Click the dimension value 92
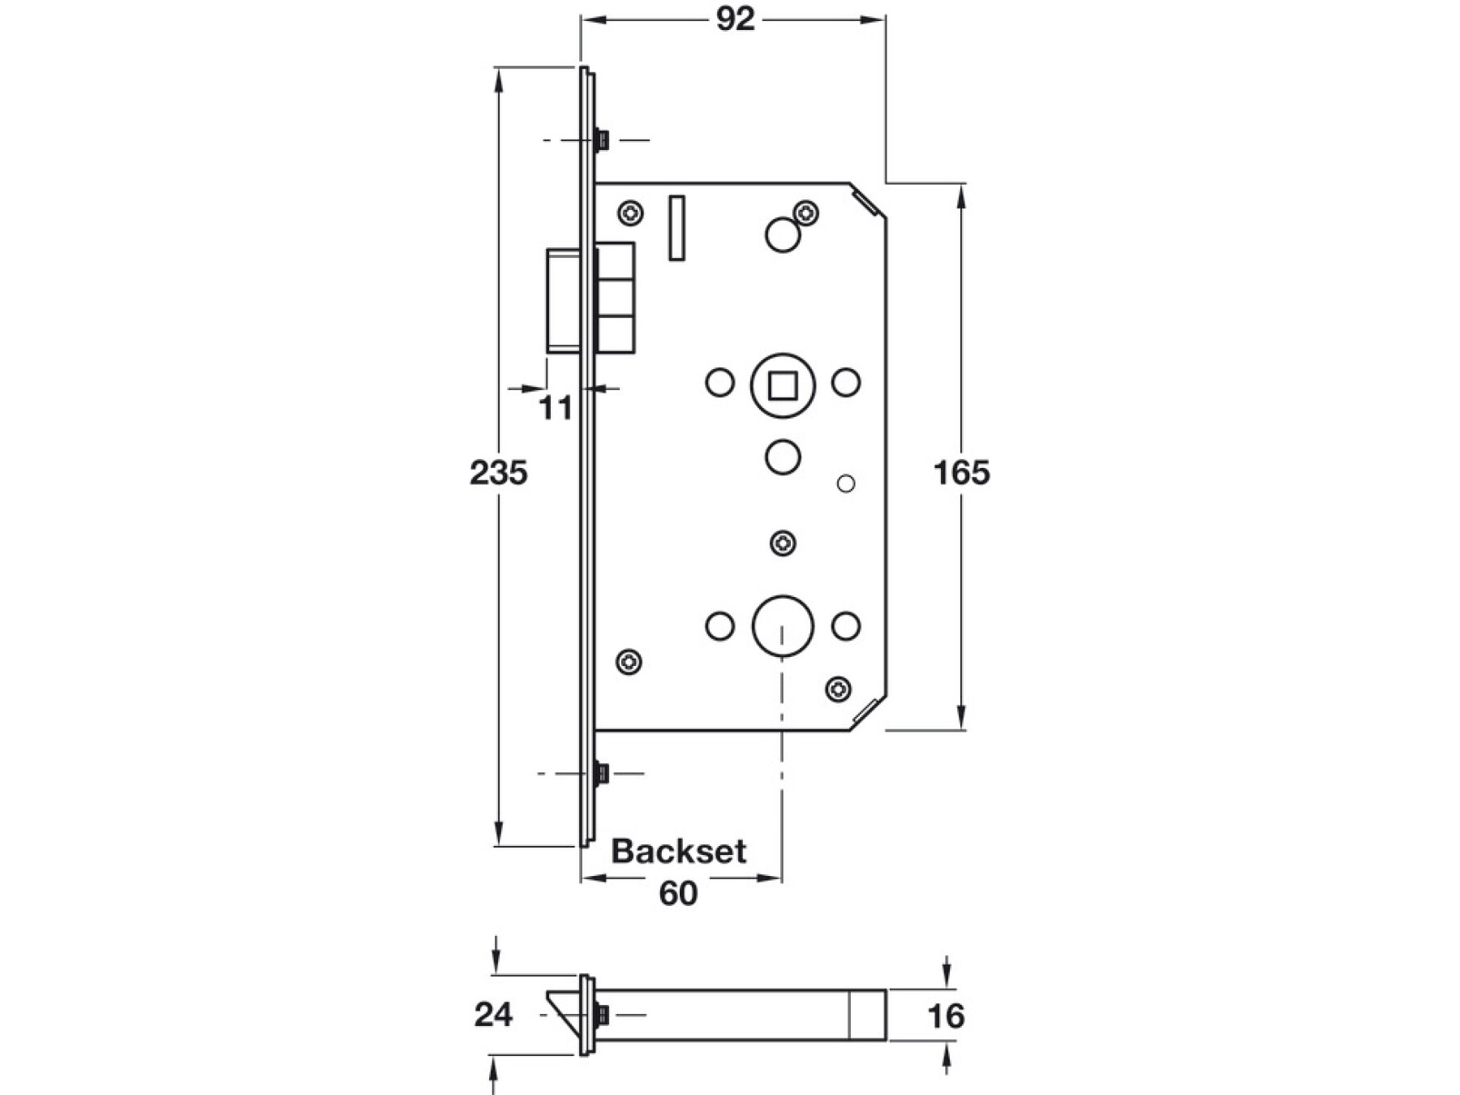click(735, 19)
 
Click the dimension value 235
click(498, 472)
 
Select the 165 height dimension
click(961, 472)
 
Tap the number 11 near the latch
click(556, 408)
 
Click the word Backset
click(678, 851)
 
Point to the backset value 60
click(678, 893)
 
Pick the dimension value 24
click(493, 1014)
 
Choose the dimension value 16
click(946, 1016)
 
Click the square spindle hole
click(782, 385)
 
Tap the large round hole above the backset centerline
click(783, 626)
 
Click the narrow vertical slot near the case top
click(676, 228)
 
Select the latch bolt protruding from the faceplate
click(564, 302)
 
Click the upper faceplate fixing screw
click(601, 140)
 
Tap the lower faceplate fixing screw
click(601, 773)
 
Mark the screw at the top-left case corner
click(630, 214)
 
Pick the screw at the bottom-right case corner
click(838, 689)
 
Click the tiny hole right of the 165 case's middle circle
click(845, 484)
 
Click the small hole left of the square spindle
click(719, 382)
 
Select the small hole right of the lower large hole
click(845, 626)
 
